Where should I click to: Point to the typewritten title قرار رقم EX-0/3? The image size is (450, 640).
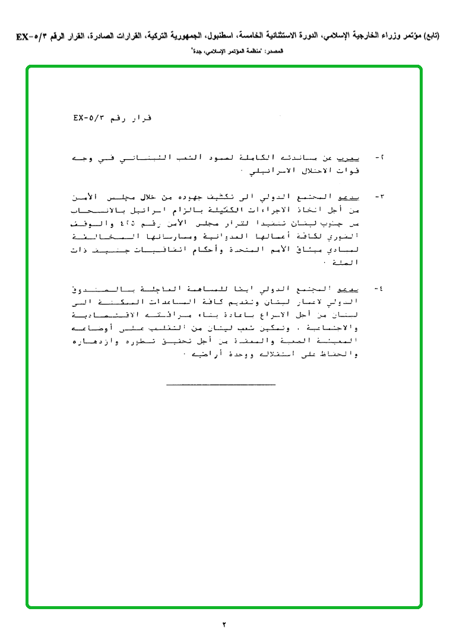[x=113, y=118]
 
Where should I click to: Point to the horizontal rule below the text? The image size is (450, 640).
[x=221, y=385]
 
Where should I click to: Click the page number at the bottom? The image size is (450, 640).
[x=225, y=624]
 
